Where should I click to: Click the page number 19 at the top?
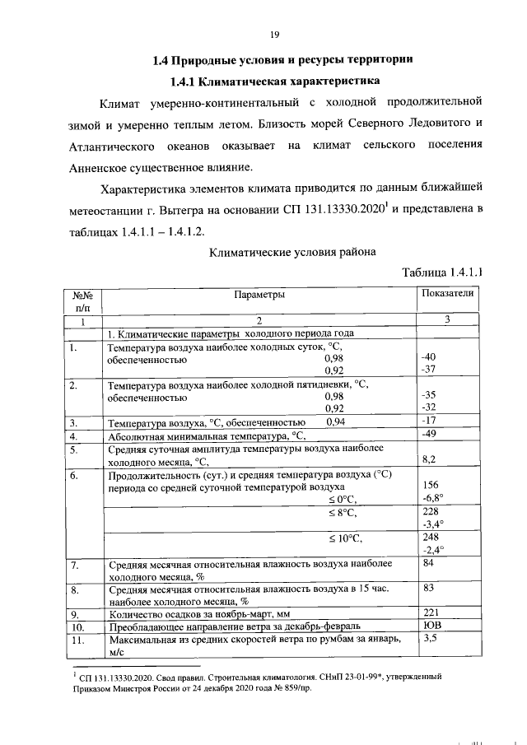(x=275, y=34)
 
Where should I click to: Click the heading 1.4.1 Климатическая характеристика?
(x=274, y=81)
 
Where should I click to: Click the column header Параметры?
(x=259, y=294)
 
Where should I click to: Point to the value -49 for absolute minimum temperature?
(x=428, y=435)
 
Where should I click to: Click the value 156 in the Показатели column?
(x=429, y=487)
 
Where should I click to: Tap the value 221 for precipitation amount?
(x=429, y=612)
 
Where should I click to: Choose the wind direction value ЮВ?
(x=430, y=625)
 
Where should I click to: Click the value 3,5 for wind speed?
(x=429, y=637)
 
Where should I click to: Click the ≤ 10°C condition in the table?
(x=347, y=538)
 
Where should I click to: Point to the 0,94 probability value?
(x=337, y=422)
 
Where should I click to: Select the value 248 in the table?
(x=429, y=538)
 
